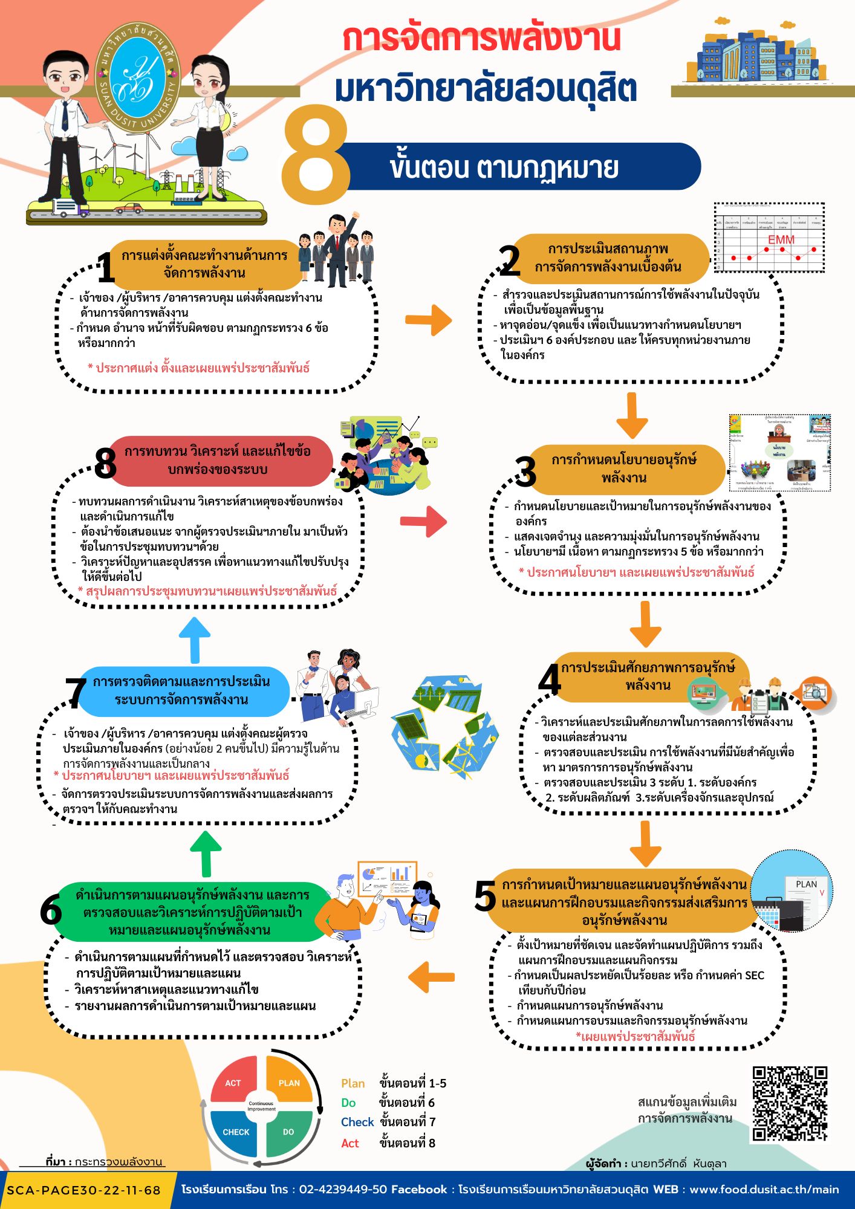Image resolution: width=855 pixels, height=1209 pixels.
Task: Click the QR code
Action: (790, 1104)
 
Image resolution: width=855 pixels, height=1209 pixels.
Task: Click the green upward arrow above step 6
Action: (206, 853)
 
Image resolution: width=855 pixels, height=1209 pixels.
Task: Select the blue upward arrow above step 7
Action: (195, 640)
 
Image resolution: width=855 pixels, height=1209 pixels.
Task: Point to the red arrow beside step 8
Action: (424, 521)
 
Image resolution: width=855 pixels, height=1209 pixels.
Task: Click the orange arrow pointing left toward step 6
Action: (431, 977)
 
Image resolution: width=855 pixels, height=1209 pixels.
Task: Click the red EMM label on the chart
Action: (781, 240)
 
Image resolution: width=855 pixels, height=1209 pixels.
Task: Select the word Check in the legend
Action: (357, 1122)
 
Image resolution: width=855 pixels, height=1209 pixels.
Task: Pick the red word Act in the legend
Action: (350, 1143)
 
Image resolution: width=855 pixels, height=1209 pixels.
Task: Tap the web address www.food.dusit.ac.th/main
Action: (764, 1189)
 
